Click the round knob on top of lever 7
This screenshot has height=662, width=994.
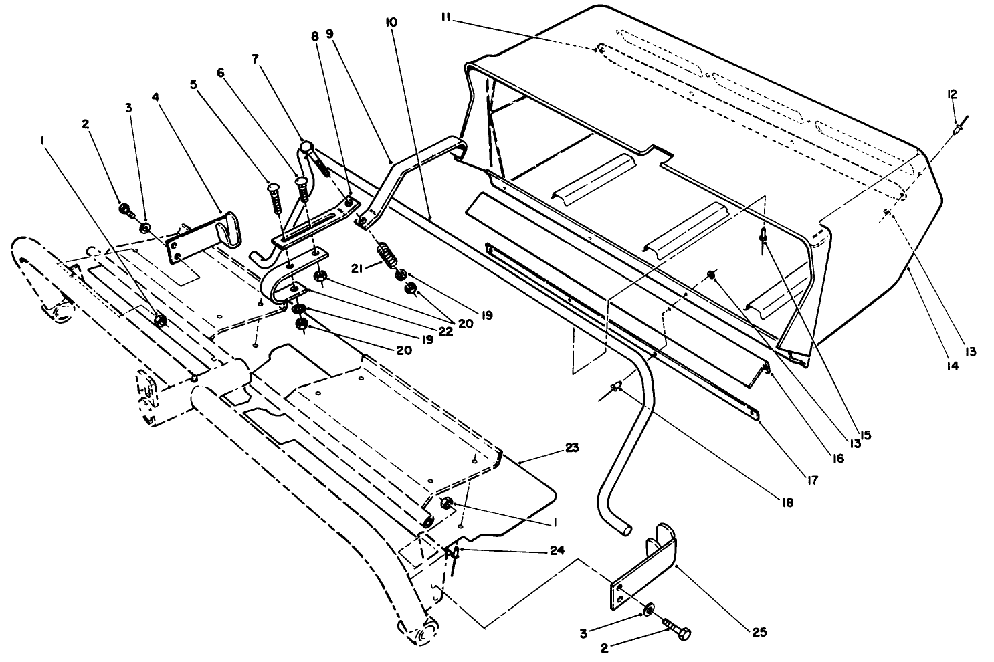tap(306, 146)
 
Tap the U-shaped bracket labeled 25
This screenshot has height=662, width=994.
tap(645, 568)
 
